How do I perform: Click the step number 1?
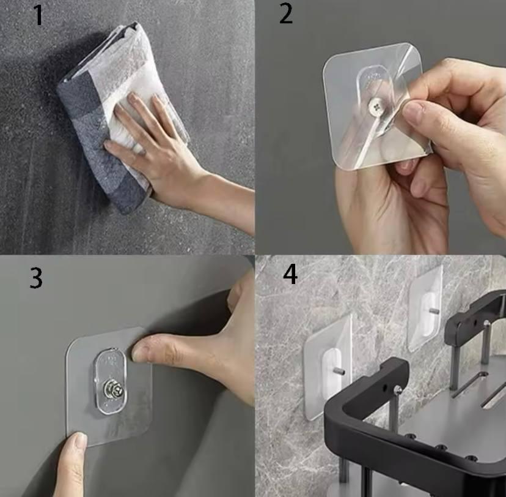(x=38, y=15)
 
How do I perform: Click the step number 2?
(x=286, y=14)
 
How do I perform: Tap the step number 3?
(x=36, y=278)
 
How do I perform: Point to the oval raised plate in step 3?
(x=110, y=381)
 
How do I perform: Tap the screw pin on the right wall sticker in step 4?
(x=435, y=311)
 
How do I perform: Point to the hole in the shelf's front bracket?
(x=384, y=386)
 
